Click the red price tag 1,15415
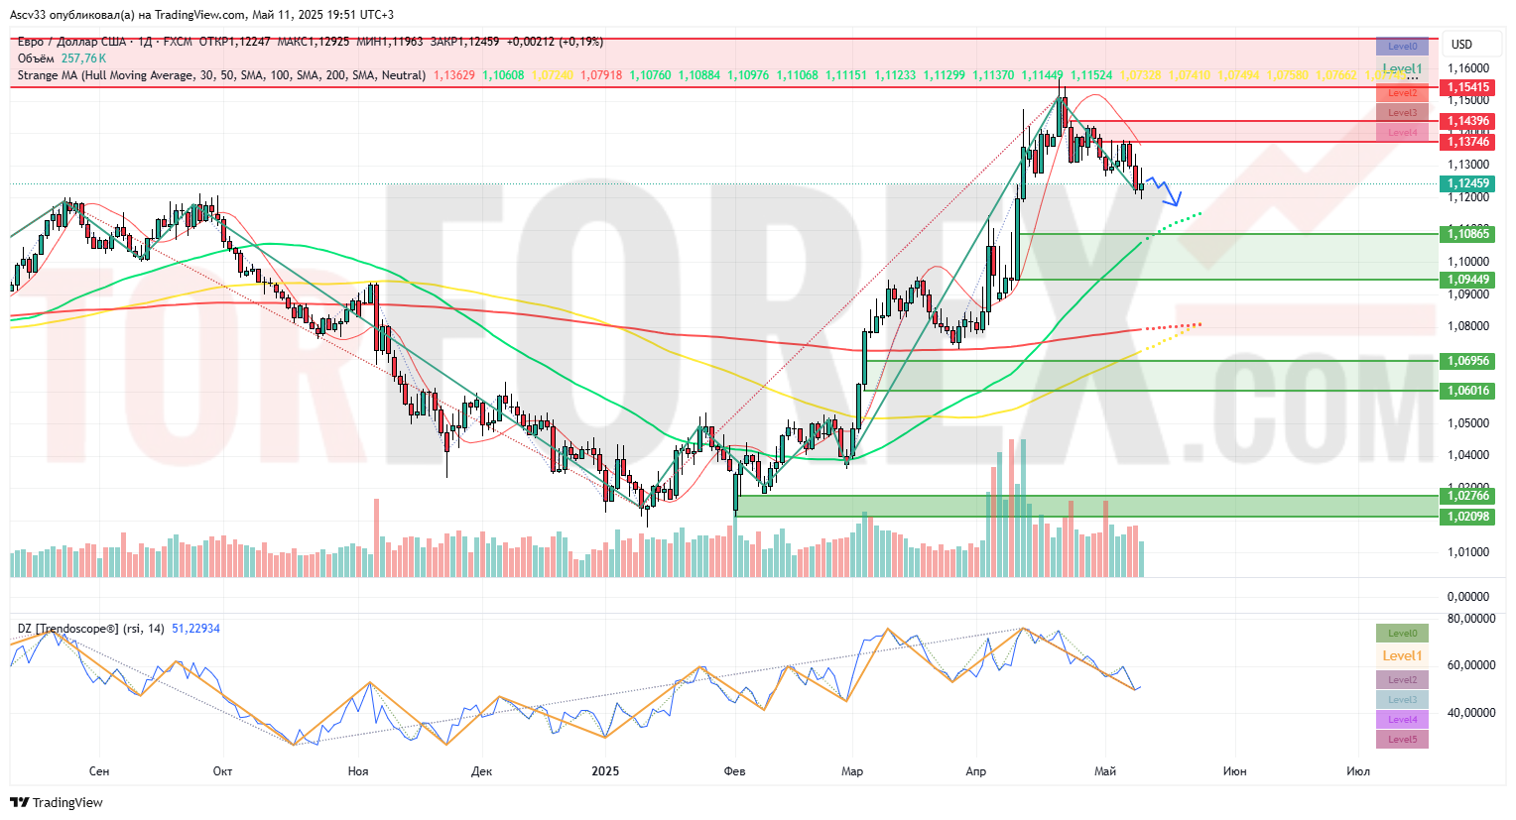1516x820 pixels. point(1467,87)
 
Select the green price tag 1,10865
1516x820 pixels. point(1467,234)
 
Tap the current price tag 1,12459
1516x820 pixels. point(1467,183)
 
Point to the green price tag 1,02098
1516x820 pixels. point(1467,517)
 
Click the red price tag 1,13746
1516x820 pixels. point(1467,142)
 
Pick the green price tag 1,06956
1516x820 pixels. point(1467,361)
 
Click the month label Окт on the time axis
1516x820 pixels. point(222,770)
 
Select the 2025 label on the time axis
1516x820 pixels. point(604,770)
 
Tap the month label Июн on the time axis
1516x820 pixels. point(1234,770)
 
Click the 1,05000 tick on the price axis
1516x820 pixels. point(1467,423)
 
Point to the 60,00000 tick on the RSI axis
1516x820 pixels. point(1471,665)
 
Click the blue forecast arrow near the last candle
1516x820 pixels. point(1167,191)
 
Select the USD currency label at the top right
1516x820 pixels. point(1461,45)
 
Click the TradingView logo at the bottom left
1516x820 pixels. point(57,802)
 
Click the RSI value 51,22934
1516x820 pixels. point(195,629)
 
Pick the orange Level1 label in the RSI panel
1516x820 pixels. point(1402,655)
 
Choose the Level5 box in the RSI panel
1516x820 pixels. point(1402,740)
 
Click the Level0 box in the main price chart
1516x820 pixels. point(1402,47)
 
